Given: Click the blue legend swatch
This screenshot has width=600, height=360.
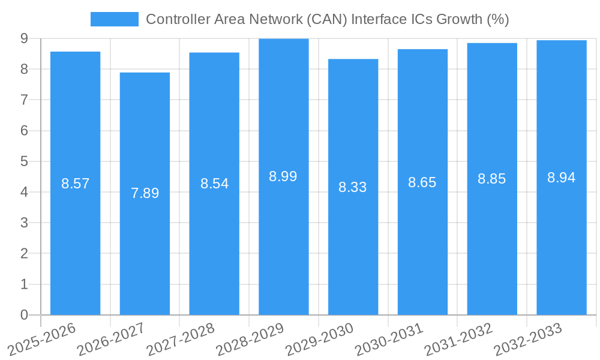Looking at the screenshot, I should click(114, 19).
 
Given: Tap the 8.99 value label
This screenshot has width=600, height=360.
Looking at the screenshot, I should click(283, 176).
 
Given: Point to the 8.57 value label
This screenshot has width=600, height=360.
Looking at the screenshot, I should click(75, 184).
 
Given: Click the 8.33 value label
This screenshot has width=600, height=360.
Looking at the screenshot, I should click(353, 187).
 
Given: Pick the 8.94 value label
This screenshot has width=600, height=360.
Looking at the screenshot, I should click(561, 178).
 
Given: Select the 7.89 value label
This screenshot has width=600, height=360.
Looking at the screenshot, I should click(145, 193).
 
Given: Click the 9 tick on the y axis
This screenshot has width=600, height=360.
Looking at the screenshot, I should click(24, 38).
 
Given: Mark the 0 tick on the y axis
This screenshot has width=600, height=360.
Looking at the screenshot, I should click(24, 315).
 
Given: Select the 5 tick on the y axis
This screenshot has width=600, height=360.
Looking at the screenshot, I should click(24, 161).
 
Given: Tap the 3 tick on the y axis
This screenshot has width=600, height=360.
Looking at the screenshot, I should click(24, 223).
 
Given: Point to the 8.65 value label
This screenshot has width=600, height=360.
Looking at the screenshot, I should click(422, 182).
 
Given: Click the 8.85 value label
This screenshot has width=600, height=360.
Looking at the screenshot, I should click(491, 179).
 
